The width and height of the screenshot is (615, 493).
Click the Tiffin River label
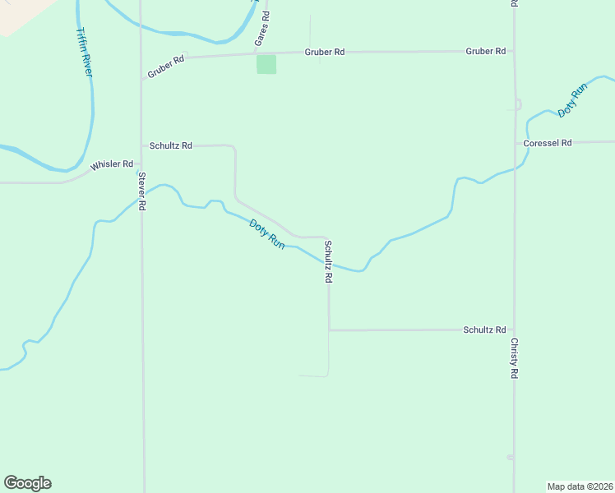click(x=84, y=52)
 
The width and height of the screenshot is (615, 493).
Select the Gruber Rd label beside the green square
click(x=324, y=52)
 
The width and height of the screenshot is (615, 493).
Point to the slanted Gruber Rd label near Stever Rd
click(x=165, y=67)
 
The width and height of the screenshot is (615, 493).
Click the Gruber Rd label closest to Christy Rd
click(x=485, y=51)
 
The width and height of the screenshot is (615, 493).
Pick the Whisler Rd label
click(x=112, y=164)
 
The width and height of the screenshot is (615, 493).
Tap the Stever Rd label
click(x=142, y=191)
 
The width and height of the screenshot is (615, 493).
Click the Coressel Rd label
click(x=548, y=143)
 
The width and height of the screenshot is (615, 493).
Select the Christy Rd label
click(x=515, y=358)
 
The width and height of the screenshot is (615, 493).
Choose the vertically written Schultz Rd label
click(x=328, y=262)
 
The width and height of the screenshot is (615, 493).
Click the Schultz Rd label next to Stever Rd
click(x=171, y=145)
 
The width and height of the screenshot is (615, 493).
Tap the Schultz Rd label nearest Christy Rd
click(x=484, y=329)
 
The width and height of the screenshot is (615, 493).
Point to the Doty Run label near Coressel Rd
click(x=571, y=99)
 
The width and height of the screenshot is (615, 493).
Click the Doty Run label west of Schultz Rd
click(x=267, y=234)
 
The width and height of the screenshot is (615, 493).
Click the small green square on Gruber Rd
click(x=266, y=64)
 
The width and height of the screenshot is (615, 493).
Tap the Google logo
click(x=27, y=483)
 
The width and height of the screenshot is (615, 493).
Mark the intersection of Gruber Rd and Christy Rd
click(x=515, y=51)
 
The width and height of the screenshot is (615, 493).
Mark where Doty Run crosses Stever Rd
click(x=142, y=196)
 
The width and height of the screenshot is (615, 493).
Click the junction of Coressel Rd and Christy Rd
click(x=515, y=143)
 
